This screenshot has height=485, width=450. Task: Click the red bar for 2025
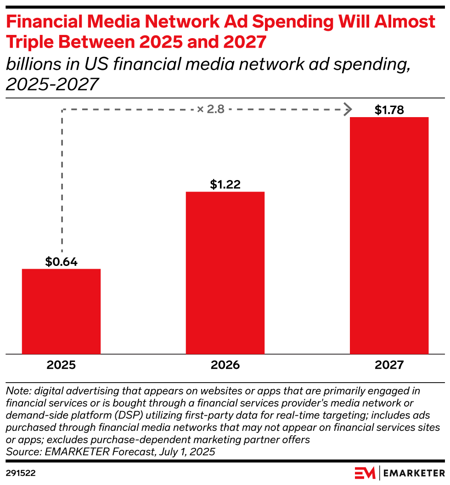point(61,311)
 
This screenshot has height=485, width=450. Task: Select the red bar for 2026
point(225,272)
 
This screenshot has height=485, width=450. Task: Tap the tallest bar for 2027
point(389,235)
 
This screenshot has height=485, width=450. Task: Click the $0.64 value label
point(61,262)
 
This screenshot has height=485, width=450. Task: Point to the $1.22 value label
point(225,185)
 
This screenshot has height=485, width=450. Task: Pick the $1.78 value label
point(389,110)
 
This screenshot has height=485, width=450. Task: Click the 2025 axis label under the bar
point(61,365)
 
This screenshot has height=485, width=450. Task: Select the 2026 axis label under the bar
point(225,365)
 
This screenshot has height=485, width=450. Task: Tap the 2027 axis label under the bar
point(389,365)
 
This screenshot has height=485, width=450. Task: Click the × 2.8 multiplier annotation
point(211,109)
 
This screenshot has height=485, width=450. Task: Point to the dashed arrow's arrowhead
point(349,109)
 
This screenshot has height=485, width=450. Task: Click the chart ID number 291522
point(21,472)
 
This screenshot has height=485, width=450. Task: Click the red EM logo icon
point(365,472)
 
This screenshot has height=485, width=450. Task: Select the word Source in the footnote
point(22,451)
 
